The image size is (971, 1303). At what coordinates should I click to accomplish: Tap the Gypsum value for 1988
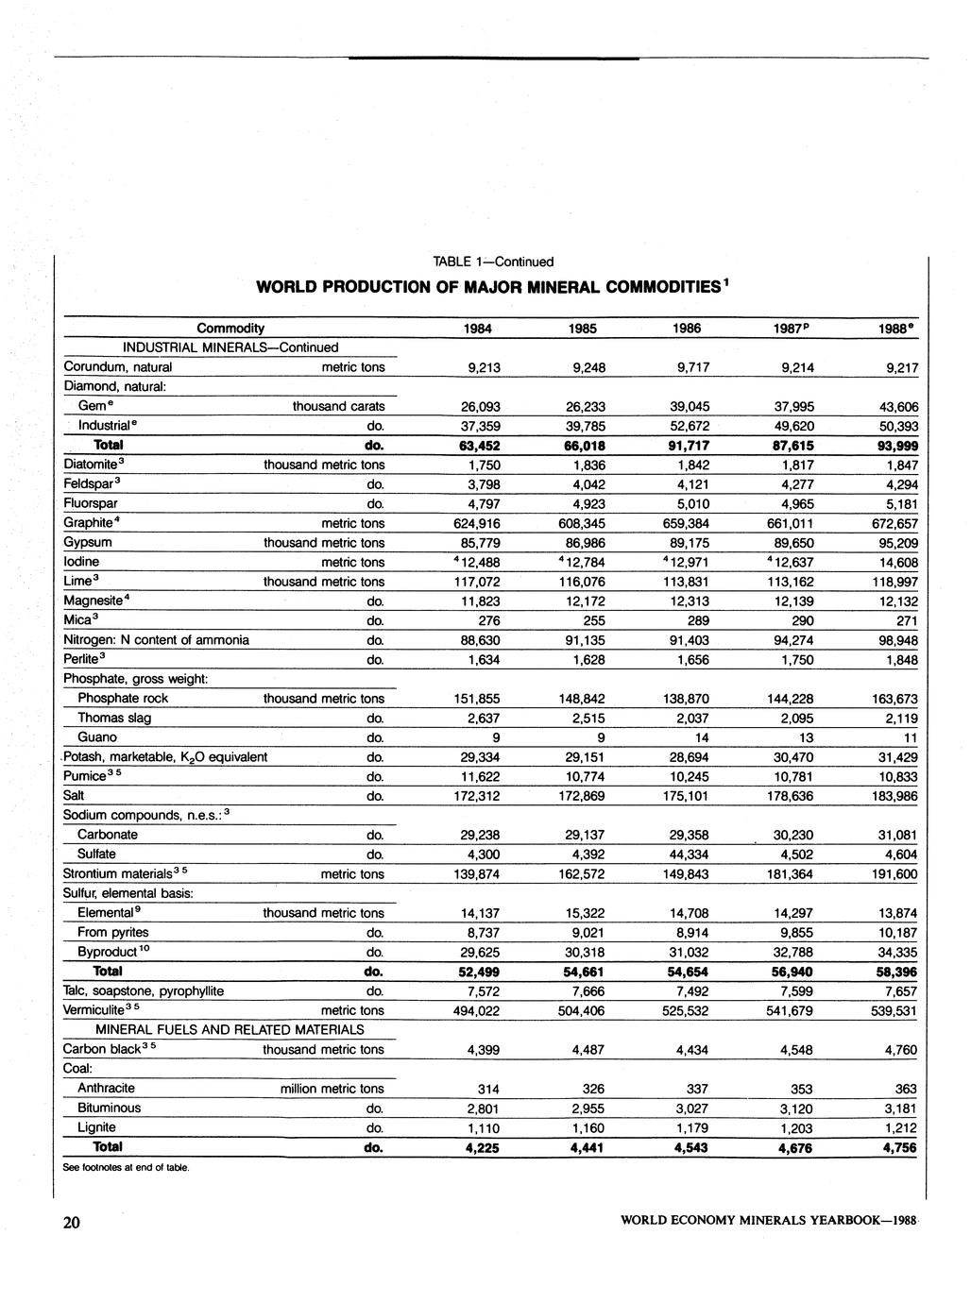(x=895, y=543)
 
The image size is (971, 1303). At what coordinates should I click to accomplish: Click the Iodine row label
(x=81, y=562)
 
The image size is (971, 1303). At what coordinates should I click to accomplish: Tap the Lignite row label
(x=96, y=1127)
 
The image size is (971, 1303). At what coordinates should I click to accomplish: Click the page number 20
(x=73, y=1224)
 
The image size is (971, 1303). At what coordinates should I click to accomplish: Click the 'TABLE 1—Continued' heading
(x=493, y=262)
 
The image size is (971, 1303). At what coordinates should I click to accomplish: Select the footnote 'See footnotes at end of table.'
(x=127, y=1168)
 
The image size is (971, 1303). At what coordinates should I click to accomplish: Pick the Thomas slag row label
(x=114, y=718)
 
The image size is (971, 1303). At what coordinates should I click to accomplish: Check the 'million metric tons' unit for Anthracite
(x=332, y=1089)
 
